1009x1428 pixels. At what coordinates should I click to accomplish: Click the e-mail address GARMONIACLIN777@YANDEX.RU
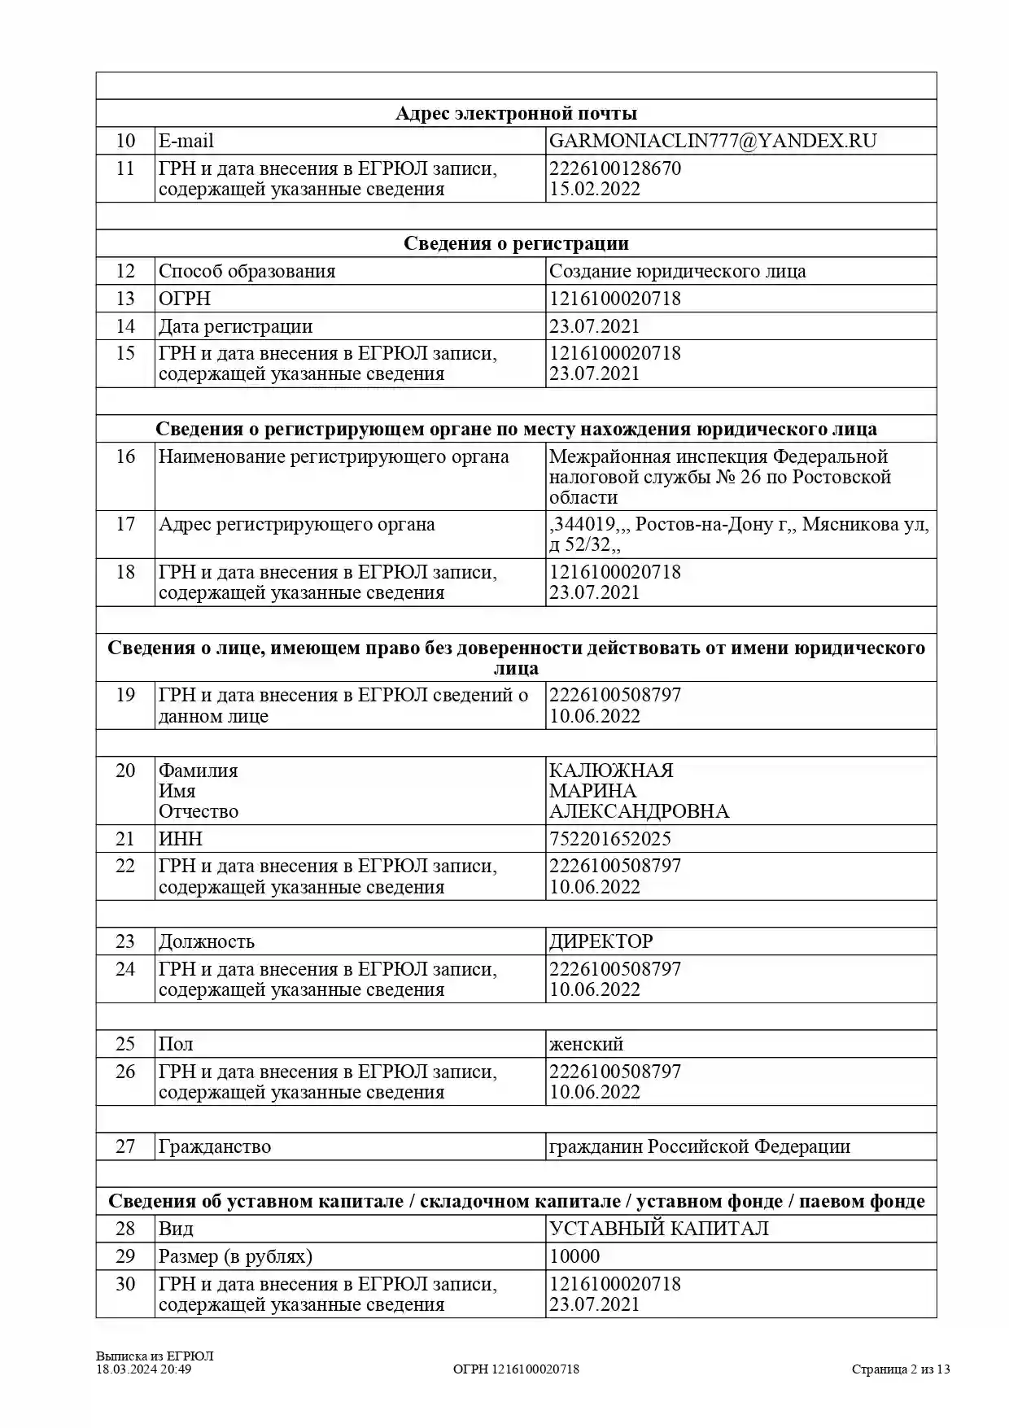(x=713, y=141)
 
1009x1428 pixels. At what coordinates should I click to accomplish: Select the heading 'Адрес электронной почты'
(x=516, y=114)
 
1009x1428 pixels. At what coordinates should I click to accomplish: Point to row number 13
(x=125, y=299)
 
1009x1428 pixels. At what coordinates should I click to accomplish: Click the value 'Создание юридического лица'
(x=677, y=271)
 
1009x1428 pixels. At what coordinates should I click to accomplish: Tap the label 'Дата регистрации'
(x=235, y=326)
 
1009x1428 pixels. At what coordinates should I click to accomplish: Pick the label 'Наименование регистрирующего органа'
(x=334, y=456)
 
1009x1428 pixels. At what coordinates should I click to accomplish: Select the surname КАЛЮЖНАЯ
(x=611, y=771)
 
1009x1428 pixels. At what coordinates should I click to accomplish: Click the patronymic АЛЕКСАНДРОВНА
(x=639, y=811)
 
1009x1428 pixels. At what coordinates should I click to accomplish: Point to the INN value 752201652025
(x=609, y=839)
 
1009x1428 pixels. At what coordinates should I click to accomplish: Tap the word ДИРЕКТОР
(x=601, y=941)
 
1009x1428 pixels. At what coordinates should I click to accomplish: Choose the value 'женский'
(x=586, y=1044)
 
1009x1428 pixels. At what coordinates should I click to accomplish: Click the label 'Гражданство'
(x=214, y=1146)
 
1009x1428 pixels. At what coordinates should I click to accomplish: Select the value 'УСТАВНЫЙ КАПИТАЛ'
(x=658, y=1229)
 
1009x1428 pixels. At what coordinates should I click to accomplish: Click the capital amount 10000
(x=574, y=1256)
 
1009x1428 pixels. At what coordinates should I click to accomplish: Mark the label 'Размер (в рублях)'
(x=235, y=1256)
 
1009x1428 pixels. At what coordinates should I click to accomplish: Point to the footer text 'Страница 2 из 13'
(x=901, y=1369)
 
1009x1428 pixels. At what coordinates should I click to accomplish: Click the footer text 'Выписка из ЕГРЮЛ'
(x=155, y=1356)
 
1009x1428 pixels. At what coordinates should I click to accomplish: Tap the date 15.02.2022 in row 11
(x=594, y=189)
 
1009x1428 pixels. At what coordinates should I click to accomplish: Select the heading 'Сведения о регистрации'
(x=516, y=243)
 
